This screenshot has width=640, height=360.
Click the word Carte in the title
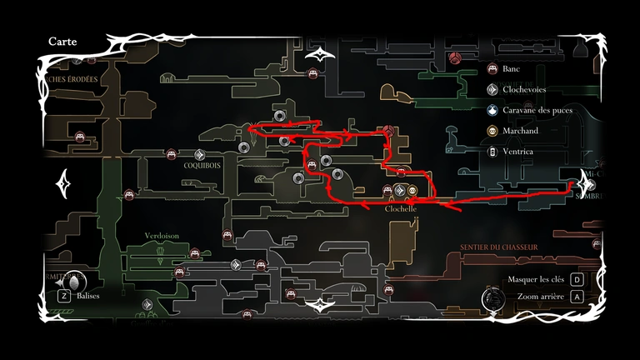64,41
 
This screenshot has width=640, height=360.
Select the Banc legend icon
492,69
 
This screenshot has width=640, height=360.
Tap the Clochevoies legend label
525,89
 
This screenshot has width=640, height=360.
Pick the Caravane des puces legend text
539,110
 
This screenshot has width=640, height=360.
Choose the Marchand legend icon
492,131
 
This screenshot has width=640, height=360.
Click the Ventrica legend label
521,152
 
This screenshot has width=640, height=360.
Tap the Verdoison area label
161,236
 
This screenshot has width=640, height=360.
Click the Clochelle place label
400,209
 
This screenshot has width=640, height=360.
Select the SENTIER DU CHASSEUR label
498,247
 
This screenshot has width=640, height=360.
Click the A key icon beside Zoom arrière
577,297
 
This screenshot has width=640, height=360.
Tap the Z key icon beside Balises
63,295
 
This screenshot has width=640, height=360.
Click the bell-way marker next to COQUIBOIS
200,154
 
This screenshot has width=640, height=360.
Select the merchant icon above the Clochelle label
412,192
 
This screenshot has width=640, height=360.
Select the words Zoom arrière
541,297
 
